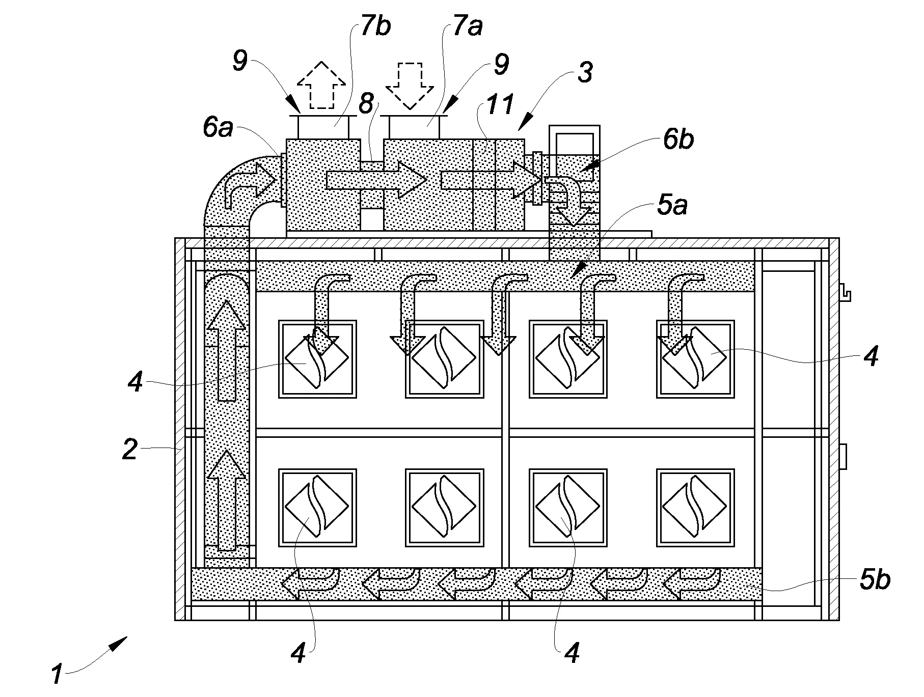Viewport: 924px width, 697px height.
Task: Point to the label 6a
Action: pyautogui.click(x=218, y=127)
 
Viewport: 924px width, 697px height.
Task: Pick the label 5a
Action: pyautogui.click(x=672, y=206)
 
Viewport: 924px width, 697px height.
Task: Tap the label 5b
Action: pyautogui.click(x=875, y=580)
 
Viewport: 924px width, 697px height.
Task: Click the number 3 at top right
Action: pyautogui.click(x=585, y=72)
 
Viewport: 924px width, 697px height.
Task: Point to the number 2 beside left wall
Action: pyautogui.click(x=130, y=450)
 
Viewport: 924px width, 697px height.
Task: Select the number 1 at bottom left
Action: pyautogui.click(x=57, y=675)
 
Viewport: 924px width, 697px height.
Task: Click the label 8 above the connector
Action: pyautogui.click(x=366, y=104)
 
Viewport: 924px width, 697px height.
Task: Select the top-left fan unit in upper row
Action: pyautogui.click(x=317, y=359)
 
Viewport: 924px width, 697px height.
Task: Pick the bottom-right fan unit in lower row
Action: pyautogui.click(x=695, y=508)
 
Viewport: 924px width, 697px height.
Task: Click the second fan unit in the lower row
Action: pyautogui.click(x=444, y=508)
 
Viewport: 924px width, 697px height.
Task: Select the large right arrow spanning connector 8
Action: pyautogui.click(x=376, y=179)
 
